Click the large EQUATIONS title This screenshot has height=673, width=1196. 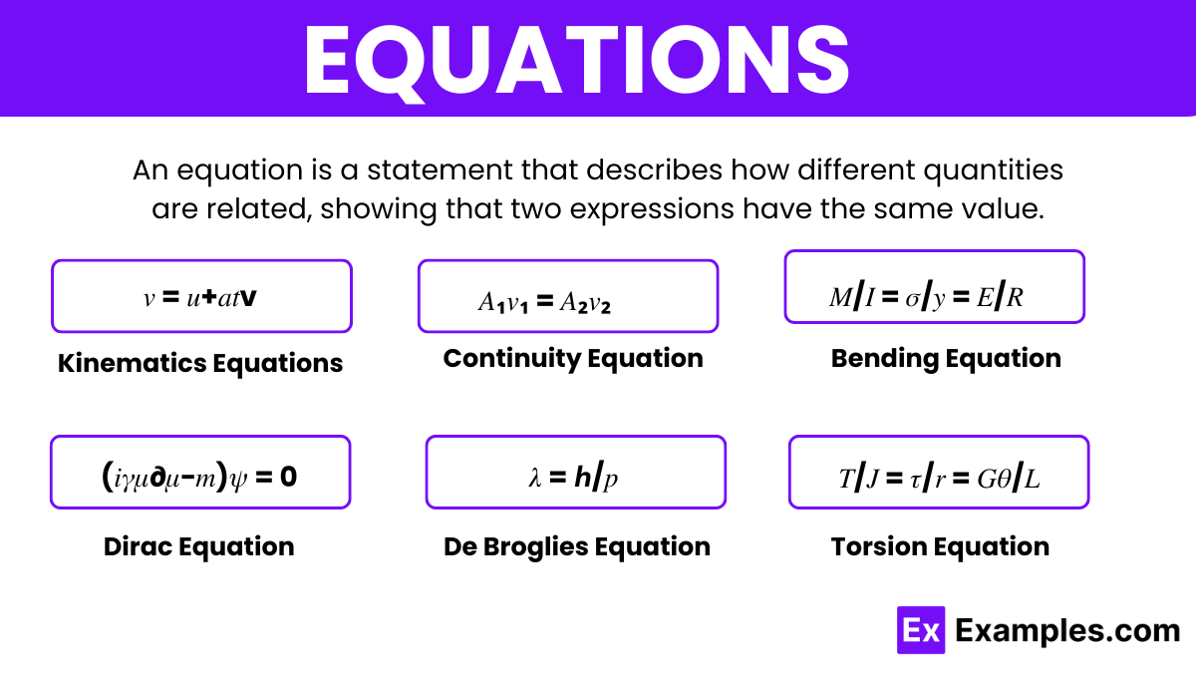click(577, 61)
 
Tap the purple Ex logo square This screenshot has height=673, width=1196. click(921, 630)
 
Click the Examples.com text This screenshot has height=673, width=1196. click(1067, 631)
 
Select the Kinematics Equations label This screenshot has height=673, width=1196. click(200, 363)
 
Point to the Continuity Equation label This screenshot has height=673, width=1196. click(573, 358)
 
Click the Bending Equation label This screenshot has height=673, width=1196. click(946, 358)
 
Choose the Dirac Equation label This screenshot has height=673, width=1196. click(199, 547)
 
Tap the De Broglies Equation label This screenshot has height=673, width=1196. click(577, 547)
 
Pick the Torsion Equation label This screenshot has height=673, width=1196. click(940, 547)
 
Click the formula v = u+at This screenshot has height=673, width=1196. click(200, 298)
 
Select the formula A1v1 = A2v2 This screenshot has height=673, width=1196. click(544, 302)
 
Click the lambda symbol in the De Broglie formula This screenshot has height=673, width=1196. click(535, 478)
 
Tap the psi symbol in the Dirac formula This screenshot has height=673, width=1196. click(238, 479)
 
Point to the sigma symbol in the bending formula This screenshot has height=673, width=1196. click(913, 299)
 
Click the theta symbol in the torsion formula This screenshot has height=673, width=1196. click(1004, 479)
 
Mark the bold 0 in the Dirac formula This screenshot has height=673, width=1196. click(288, 477)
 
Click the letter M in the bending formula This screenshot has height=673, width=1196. click(840, 297)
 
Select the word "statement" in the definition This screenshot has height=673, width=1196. click(439, 170)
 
